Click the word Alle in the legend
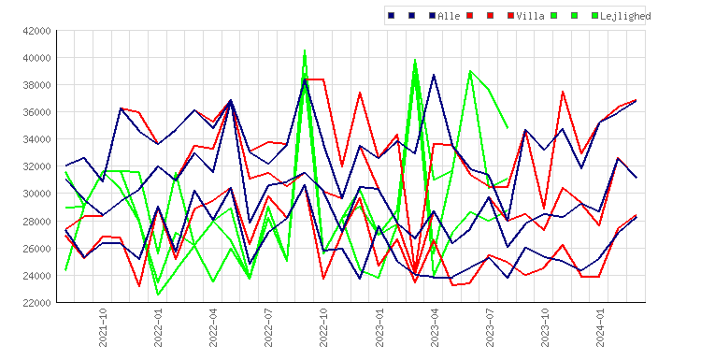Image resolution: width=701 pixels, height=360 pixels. [449, 16]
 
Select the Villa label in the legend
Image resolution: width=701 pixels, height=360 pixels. [530, 16]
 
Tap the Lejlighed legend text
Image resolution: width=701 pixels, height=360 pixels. [625, 16]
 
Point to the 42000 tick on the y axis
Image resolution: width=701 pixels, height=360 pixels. [36, 31]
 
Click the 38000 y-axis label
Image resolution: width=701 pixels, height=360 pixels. [36, 85]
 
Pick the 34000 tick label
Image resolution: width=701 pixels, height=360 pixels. [36, 139]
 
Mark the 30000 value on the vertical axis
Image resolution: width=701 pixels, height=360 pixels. [36, 194]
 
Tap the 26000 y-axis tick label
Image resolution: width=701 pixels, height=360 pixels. [36, 248]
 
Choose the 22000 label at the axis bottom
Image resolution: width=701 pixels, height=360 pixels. [36, 303]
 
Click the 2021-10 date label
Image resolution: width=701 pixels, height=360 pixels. [103, 327]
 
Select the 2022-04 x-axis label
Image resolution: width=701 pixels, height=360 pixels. [213, 327]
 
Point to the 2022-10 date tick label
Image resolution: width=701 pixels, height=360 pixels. [323, 327]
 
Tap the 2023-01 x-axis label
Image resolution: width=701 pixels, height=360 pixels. [379, 327]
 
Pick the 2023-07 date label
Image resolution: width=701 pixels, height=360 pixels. [490, 327]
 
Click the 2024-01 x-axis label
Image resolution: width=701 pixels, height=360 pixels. [600, 327]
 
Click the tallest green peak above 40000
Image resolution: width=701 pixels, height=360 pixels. [305, 50]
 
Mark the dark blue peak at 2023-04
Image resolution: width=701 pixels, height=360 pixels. [434, 75]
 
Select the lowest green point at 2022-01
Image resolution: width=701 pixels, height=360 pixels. [158, 295]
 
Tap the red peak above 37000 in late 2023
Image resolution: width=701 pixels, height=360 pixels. [563, 92]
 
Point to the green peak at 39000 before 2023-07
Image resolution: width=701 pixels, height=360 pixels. [470, 71]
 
